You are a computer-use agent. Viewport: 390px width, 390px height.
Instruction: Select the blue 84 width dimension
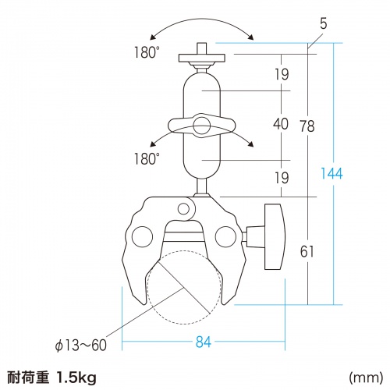pyautogui.click(x=204, y=342)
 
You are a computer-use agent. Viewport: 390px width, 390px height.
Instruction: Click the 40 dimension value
pyautogui.click(x=281, y=123)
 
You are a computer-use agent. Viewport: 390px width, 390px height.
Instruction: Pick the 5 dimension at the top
pyautogui.click(x=323, y=25)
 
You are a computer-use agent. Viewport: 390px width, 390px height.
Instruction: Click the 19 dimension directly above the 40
pyautogui.click(x=281, y=75)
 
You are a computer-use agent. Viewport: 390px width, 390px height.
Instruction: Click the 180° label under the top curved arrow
pyautogui.click(x=147, y=54)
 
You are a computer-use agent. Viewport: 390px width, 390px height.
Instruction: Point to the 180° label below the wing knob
pyautogui.click(x=147, y=158)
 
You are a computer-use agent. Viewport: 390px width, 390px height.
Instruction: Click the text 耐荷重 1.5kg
pyautogui.click(x=51, y=378)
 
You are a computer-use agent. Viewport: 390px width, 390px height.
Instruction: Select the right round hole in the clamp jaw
pyautogui.click(x=226, y=234)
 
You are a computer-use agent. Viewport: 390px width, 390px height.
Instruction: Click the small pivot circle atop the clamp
pyautogui.click(x=184, y=208)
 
